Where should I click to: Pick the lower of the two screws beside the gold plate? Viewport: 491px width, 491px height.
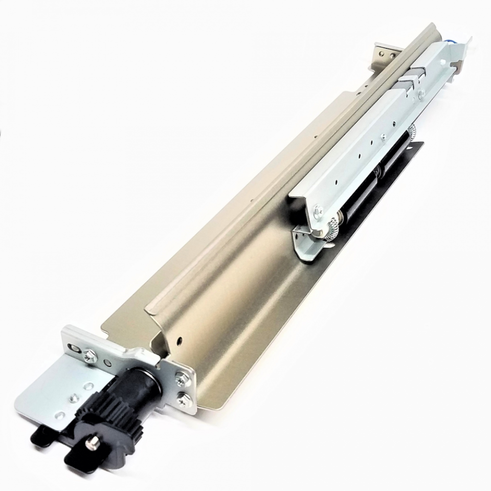coord(183,398)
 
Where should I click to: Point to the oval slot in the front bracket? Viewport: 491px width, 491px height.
coord(75,347)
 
